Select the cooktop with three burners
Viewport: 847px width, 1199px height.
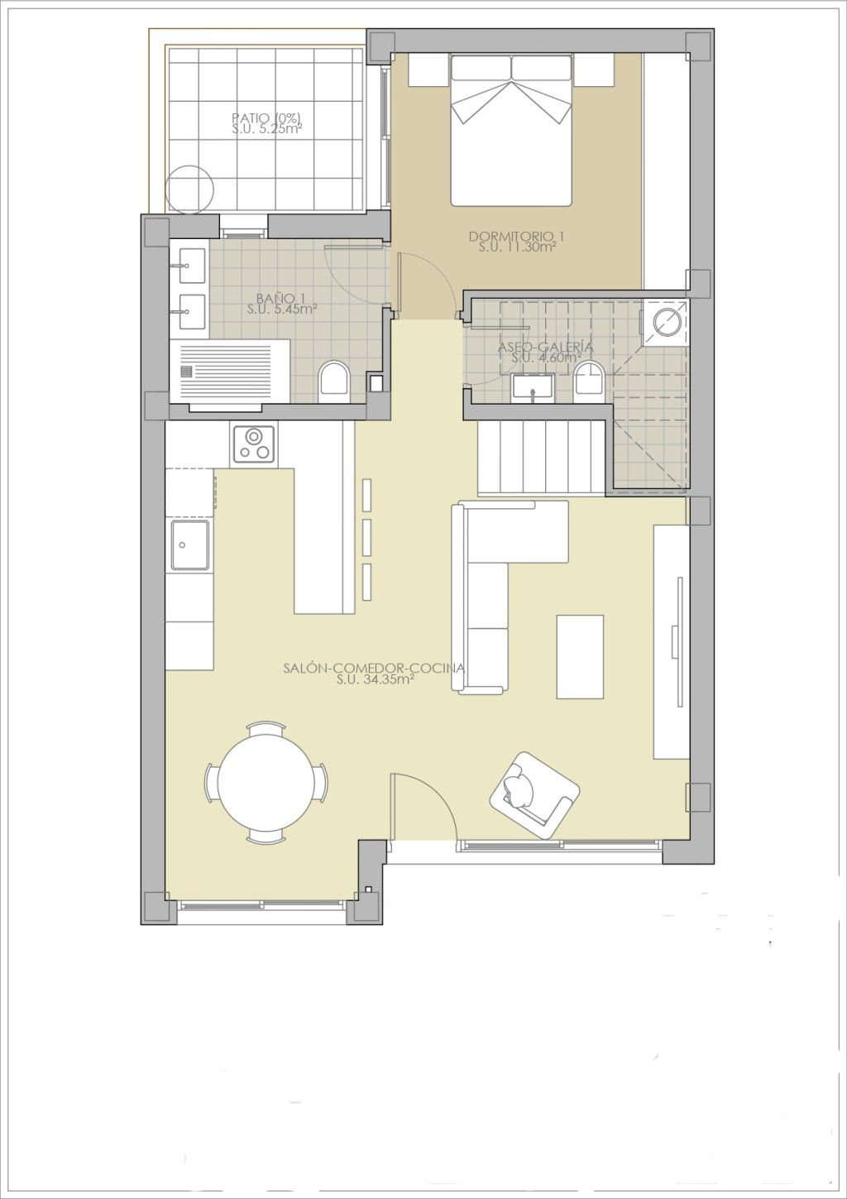[x=254, y=444]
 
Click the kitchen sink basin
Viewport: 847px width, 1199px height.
[x=190, y=545]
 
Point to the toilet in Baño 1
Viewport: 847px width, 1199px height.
[x=333, y=383]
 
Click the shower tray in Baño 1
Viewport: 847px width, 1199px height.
[x=230, y=370]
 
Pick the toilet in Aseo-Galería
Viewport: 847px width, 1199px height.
[x=588, y=381]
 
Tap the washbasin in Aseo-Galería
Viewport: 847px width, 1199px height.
[x=533, y=386]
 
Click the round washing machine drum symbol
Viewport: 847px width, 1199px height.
[x=668, y=322]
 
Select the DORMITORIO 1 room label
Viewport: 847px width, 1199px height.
[x=516, y=236]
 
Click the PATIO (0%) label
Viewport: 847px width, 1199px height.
[x=266, y=118]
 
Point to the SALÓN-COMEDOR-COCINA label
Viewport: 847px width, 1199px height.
[x=374, y=669]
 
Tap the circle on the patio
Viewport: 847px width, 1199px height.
[x=189, y=189]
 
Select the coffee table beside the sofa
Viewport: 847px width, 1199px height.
[x=580, y=657]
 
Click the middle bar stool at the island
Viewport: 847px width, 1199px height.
[x=367, y=537]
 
